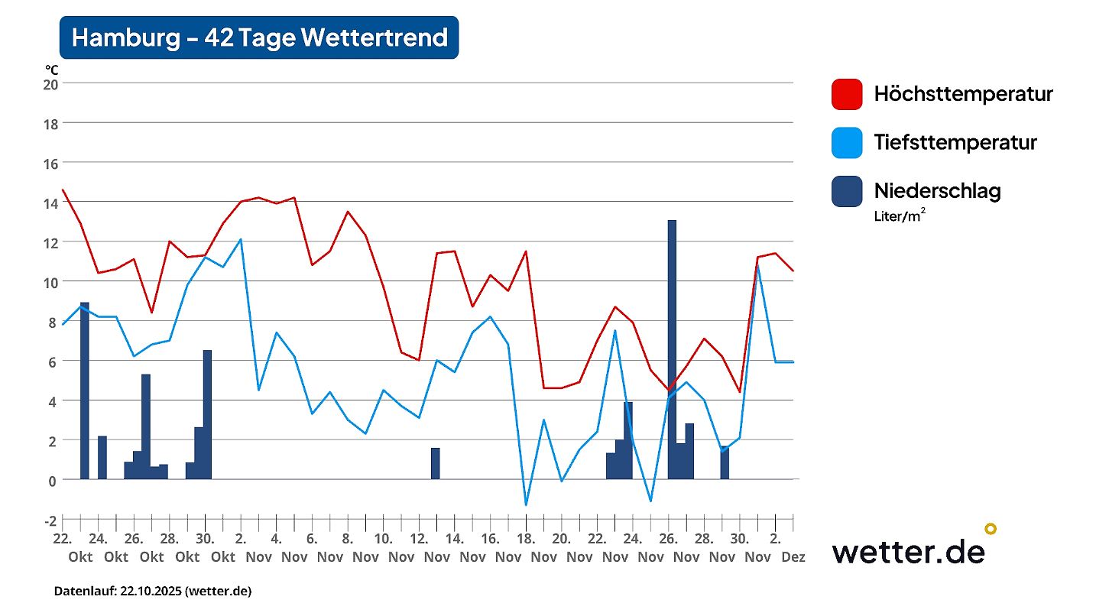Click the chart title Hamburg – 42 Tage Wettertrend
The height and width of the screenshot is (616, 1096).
pos(259,37)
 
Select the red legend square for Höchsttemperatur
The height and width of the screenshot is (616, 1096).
pos(847,94)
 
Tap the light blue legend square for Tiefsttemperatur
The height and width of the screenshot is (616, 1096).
pos(847,142)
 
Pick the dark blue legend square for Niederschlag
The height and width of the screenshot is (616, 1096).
pos(847,190)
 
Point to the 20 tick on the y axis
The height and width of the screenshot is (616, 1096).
pos(50,83)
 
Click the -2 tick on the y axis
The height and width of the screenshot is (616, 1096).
pos(50,520)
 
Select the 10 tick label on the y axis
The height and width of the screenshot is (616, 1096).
pos(50,282)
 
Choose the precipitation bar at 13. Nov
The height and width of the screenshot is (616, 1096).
pos(436,463)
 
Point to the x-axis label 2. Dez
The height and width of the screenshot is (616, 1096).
pos(784,547)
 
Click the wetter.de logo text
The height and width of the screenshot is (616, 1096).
pos(908,550)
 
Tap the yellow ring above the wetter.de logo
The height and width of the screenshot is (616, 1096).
pos(991,528)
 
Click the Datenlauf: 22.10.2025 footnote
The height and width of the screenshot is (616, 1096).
pos(152,591)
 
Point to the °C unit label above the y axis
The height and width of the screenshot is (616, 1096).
pos(51,70)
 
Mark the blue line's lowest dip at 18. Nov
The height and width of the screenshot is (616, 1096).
pos(526,504)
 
